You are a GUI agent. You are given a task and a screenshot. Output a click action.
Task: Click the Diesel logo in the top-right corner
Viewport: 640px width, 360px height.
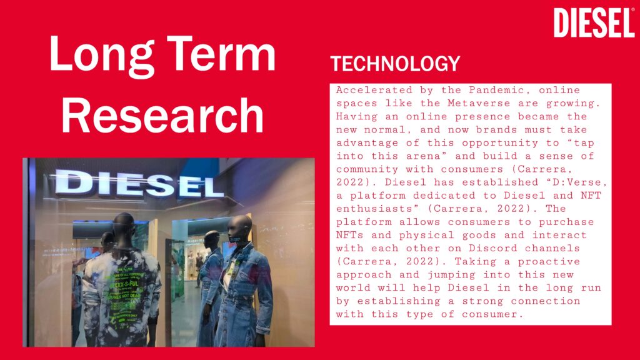pos(594,23)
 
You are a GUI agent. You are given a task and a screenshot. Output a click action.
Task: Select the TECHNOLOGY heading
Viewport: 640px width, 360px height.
pos(395,64)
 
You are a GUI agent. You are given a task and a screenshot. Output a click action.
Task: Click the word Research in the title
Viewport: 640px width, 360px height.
pos(162,116)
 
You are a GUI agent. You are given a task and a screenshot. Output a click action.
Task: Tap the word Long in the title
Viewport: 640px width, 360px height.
pos(102,55)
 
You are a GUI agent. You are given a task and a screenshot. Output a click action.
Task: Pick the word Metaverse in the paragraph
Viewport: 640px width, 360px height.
pos(479,103)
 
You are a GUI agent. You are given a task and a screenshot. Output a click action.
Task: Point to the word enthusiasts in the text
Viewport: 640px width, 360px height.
pos(377,209)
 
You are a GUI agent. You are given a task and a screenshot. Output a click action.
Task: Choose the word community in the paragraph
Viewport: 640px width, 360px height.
pos(367,169)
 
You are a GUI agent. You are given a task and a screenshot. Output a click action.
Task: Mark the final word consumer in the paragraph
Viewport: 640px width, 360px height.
pos(492,314)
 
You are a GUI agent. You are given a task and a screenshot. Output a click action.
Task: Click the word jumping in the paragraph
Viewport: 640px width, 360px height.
pos(454,275)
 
